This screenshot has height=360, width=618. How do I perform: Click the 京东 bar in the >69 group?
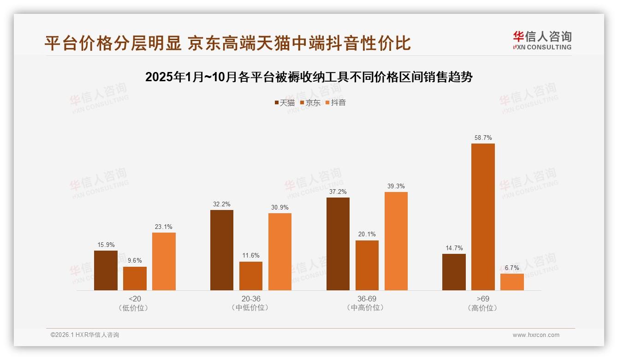tap(483, 217)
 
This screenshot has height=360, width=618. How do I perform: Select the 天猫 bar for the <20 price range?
tap(106, 270)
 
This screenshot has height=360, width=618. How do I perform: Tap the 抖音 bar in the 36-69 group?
tap(396, 241)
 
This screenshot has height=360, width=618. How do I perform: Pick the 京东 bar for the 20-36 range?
tap(251, 276)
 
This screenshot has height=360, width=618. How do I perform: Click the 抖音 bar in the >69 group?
tap(512, 282)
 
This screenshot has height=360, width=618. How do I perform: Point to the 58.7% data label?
tap(483, 138)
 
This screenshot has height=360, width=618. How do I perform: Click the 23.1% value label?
tap(164, 227)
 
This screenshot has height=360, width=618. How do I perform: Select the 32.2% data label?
tap(222, 204)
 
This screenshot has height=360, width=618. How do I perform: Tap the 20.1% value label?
tap(367, 234)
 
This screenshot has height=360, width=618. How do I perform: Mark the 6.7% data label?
tap(512, 268)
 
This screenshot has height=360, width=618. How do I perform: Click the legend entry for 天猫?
tap(285, 102)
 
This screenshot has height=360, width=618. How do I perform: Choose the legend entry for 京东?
tap(310, 102)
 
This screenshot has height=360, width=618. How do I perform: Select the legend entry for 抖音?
tap(336, 102)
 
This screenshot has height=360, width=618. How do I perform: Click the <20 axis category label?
tap(135, 299)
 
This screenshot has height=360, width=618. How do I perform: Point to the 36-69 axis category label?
tap(367, 299)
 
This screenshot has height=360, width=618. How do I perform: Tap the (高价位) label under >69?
tap(483, 308)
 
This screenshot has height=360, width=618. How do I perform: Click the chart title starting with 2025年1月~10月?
tap(309, 77)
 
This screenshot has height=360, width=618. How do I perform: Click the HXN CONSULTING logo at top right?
tap(542, 41)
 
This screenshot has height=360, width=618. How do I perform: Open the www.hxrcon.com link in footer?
tap(535, 335)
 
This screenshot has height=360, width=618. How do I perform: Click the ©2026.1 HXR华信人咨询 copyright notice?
tap(85, 335)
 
